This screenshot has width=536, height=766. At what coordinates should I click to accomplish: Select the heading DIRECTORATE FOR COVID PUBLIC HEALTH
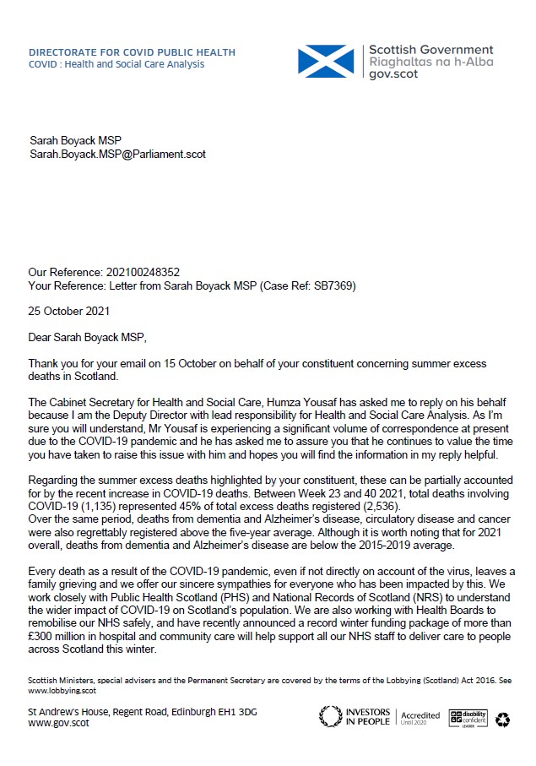(x=132, y=52)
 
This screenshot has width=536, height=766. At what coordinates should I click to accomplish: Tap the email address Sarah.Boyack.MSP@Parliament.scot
(x=117, y=155)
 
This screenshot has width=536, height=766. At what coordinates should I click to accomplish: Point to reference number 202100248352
(x=143, y=273)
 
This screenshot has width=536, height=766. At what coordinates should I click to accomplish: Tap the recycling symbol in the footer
(x=503, y=719)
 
